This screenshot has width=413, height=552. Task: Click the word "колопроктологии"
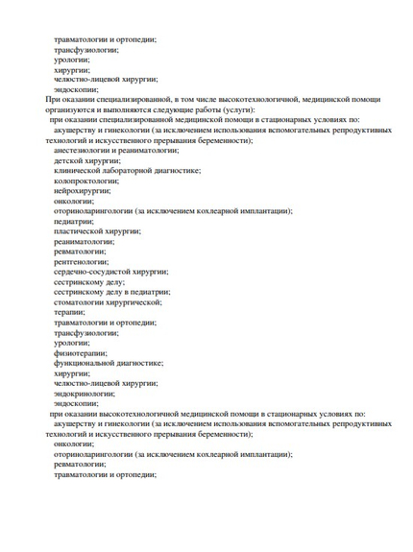click(86, 180)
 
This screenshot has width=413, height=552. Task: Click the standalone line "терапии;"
click(69, 312)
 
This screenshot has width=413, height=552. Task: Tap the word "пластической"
click(80, 231)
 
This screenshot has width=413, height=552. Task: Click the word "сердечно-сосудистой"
click(92, 272)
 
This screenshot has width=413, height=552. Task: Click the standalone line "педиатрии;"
click(74, 221)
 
